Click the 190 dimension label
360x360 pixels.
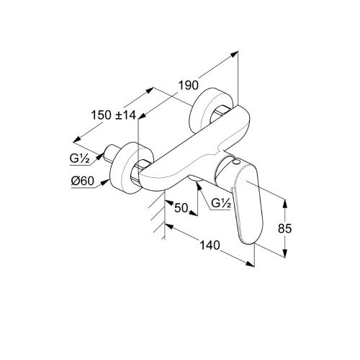(x=189, y=86)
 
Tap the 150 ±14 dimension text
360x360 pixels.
(x=114, y=115)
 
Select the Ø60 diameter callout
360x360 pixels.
(x=83, y=181)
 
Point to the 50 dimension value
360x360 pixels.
(x=181, y=208)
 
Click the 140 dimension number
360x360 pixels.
(x=210, y=245)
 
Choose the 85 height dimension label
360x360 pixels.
(x=284, y=228)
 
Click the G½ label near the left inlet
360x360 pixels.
(x=80, y=158)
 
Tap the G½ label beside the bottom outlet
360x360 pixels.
(x=221, y=204)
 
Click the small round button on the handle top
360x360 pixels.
(x=237, y=162)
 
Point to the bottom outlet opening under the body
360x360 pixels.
(x=195, y=178)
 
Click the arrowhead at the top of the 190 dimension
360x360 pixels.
(x=234, y=54)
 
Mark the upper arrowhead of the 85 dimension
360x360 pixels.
(x=285, y=204)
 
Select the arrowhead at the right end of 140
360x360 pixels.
(x=250, y=264)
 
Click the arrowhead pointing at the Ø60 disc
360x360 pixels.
(x=104, y=182)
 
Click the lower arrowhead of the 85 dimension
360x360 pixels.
(x=285, y=253)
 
